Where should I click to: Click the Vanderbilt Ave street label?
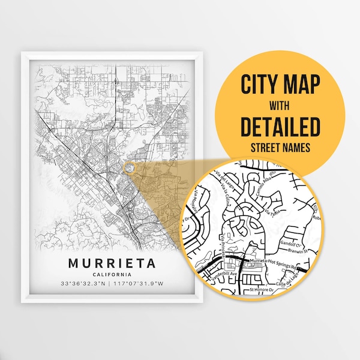[x=223, y=273]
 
